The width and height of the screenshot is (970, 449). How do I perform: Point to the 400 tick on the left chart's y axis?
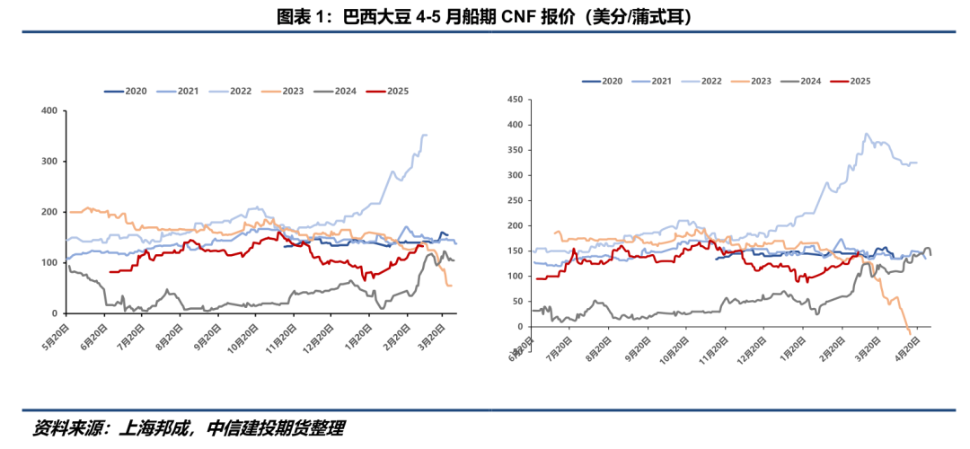pos(49,111)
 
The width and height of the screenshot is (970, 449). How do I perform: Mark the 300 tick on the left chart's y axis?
pos(49,162)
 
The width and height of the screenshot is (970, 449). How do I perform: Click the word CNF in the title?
pos(513,16)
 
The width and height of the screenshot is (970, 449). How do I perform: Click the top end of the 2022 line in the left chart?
pos(424,136)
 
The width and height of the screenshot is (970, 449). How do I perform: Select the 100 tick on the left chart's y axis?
pos(49,263)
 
